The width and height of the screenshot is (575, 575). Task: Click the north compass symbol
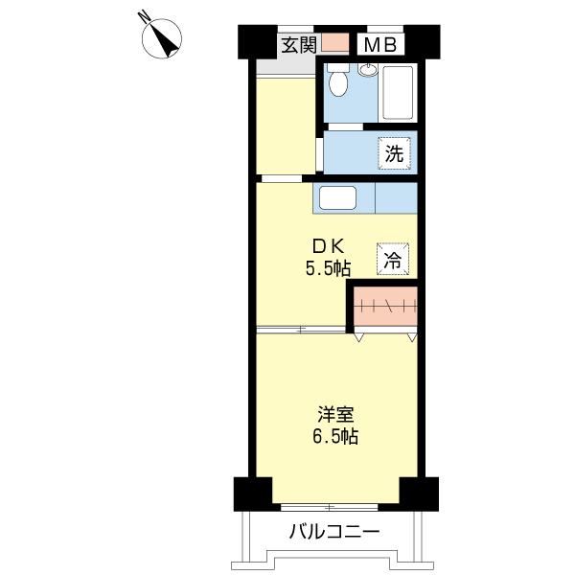162,38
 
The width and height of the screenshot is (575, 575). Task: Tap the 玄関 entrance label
299,45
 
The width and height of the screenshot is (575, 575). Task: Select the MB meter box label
380,45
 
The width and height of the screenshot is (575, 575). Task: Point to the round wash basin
368,69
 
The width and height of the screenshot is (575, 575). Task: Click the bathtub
398,92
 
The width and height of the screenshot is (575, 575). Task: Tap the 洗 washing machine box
394,153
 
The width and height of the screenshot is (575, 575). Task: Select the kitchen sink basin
337,198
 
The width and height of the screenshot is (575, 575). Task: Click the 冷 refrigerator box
392,259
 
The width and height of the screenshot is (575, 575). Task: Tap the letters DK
328,247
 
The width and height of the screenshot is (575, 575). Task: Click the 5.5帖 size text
328,268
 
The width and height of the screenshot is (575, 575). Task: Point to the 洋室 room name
335,415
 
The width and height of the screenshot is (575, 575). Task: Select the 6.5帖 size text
335,436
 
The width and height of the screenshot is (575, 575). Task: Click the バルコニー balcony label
334,531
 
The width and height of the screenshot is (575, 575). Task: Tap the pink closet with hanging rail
386,306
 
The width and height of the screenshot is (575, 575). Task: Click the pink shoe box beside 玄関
335,43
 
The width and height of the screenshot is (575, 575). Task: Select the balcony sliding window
330,508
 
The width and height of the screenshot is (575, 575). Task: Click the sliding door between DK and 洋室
301,330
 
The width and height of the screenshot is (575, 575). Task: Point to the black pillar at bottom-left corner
253,494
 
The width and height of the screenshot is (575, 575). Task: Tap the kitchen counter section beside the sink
396,198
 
